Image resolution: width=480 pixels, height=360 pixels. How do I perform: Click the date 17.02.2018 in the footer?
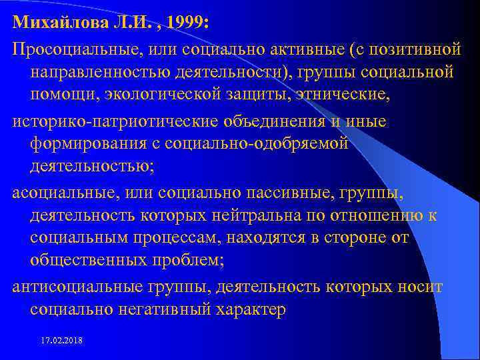tap(62, 341)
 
